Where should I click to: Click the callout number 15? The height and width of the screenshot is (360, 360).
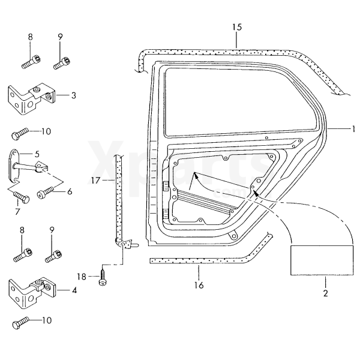[237, 27]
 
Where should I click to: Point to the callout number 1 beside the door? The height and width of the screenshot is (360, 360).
[354, 128]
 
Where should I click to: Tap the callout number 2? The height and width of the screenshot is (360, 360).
[325, 293]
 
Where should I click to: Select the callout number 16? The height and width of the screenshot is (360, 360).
[199, 285]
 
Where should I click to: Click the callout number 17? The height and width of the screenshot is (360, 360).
[95, 179]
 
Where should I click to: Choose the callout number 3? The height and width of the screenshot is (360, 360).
[73, 95]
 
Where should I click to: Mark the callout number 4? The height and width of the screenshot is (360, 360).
[74, 290]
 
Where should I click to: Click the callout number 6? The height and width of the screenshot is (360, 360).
[69, 191]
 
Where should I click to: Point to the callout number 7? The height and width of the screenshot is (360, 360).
[17, 211]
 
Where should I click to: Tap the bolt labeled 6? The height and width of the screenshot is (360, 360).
[44, 193]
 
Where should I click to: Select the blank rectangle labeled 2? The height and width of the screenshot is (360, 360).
[320, 262]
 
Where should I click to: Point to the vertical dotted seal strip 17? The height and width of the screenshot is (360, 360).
[119, 198]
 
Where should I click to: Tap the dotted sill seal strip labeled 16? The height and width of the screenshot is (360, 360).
[198, 260]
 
